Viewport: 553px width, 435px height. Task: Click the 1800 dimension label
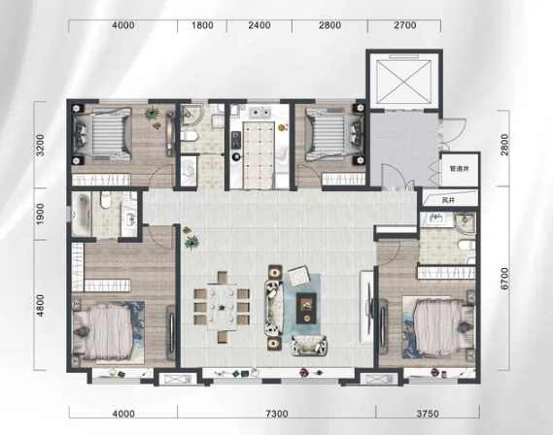point(202,25)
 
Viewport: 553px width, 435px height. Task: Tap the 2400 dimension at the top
point(259,25)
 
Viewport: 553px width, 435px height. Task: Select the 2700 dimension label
point(405,25)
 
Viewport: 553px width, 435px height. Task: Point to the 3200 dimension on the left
point(41,145)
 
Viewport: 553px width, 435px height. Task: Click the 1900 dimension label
point(41,214)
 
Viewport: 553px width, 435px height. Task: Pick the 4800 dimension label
point(41,306)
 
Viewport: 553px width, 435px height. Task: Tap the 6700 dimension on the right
point(504,279)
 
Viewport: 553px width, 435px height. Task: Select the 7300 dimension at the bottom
point(276,414)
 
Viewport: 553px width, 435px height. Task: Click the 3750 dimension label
point(428,414)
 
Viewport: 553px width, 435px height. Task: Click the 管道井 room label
point(459,169)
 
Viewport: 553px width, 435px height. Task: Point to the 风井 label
point(448,200)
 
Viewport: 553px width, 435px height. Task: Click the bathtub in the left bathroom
point(82,215)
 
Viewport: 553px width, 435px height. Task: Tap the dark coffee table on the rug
point(306,308)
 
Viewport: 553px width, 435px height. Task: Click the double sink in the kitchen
point(259,113)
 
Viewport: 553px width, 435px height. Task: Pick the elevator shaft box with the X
point(404,82)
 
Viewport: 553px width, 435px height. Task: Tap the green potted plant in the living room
point(192,243)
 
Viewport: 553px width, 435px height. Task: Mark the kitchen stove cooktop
point(235,139)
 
